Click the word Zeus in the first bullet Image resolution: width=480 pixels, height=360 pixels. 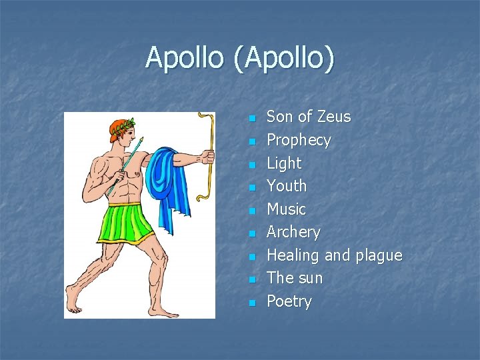[x=333, y=117]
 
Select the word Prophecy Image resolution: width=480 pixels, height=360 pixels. [x=299, y=140]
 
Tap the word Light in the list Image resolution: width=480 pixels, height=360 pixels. [x=284, y=163]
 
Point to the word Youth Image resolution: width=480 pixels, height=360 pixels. [x=287, y=186]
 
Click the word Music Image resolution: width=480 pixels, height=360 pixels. [x=286, y=209]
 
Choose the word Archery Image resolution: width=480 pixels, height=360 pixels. [x=293, y=232]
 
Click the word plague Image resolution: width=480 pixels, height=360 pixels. [x=378, y=255]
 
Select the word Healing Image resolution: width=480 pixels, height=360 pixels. [x=293, y=255]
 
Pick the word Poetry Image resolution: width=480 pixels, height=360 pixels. [x=289, y=301]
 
